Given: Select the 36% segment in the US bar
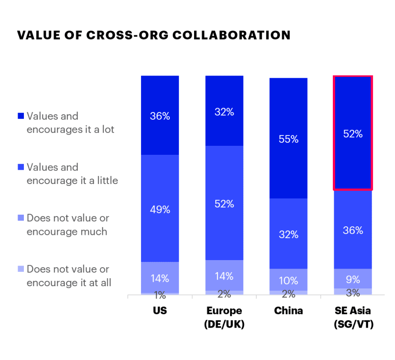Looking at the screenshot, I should tap(160, 116).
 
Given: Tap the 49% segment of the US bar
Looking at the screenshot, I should tap(160, 209).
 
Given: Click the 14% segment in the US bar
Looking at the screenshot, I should tap(160, 278).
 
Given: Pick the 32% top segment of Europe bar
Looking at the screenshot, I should tap(224, 112).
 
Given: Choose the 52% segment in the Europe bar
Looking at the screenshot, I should tap(224, 203).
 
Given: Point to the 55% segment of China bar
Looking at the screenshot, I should tap(288, 139).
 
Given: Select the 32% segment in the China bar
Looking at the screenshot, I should tap(288, 234).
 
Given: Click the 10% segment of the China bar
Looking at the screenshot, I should tap(288, 280).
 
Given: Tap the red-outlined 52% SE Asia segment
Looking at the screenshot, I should tap(353, 133).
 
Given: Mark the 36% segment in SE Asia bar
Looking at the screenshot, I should tap(353, 230).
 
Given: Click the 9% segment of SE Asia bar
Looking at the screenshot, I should tap(353, 279).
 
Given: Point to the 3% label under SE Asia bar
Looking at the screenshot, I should tap(353, 293).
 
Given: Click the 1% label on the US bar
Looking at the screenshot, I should tap(160, 295).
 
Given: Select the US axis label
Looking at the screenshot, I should tap(160, 311).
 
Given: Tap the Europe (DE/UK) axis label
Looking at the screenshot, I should tap(224, 317).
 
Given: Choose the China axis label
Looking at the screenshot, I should tap(288, 311).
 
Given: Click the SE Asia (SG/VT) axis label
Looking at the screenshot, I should tap(353, 317).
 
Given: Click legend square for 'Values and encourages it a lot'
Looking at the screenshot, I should tap(20, 116).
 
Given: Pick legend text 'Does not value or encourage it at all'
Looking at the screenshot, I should tap(68, 276).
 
